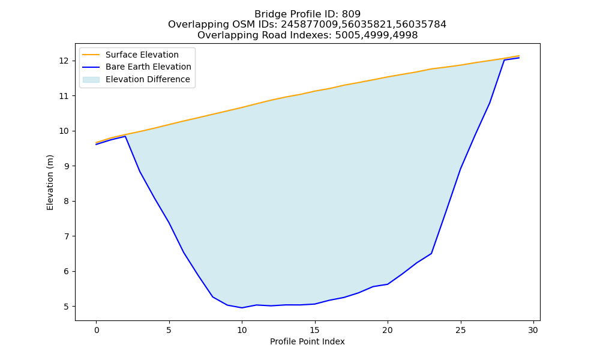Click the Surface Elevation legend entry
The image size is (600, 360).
[x=142, y=55]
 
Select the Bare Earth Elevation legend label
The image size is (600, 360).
[x=148, y=67]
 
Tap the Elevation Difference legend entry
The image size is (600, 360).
[x=148, y=79]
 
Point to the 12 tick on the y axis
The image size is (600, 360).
[x=64, y=61]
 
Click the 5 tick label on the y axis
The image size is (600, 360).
[x=66, y=307]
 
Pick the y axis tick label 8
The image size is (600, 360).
[x=66, y=201]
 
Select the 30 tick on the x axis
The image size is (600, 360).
[x=533, y=330]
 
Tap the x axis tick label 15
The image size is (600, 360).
[x=315, y=330]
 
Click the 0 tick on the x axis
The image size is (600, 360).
[x=97, y=330]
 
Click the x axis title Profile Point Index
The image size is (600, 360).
[x=307, y=341]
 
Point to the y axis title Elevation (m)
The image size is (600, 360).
[x=50, y=182]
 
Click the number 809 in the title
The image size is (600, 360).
[x=351, y=14]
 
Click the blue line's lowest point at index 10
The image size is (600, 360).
[x=242, y=308]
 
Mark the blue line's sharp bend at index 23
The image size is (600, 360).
[x=431, y=253]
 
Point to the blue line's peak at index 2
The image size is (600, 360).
[x=125, y=136]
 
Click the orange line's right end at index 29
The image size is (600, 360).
[x=519, y=56]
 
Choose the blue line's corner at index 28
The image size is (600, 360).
[x=505, y=60]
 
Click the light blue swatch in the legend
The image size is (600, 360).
[x=91, y=80]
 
